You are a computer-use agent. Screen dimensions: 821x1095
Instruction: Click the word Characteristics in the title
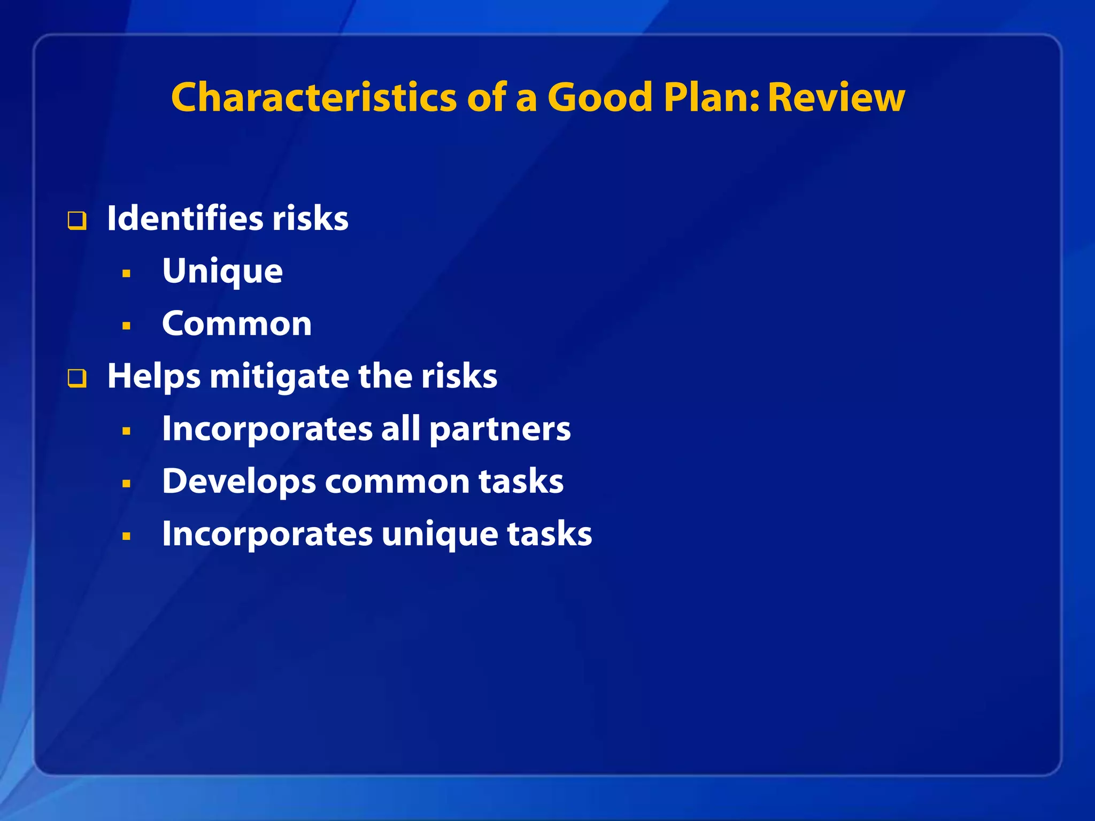pyautogui.click(x=314, y=98)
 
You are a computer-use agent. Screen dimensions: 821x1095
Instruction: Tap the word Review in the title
pyautogui.click(x=836, y=98)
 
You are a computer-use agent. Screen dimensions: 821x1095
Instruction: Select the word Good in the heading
pyautogui.click(x=600, y=98)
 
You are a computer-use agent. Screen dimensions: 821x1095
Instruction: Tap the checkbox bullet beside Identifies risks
pyautogui.click(x=77, y=221)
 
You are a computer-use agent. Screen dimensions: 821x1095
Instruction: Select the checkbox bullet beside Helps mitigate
pyautogui.click(x=77, y=378)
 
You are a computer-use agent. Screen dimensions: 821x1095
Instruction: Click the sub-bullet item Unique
pyautogui.click(x=222, y=272)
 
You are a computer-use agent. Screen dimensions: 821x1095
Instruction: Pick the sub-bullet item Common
pyautogui.click(x=237, y=324)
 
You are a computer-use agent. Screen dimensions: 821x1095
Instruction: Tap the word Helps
pyautogui.click(x=154, y=376)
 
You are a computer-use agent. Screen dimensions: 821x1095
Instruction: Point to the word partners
pyautogui.click(x=500, y=429)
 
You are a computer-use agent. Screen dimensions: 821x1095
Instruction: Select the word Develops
pyautogui.click(x=239, y=482)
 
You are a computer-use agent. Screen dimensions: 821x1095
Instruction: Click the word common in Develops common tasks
pyautogui.click(x=397, y=482)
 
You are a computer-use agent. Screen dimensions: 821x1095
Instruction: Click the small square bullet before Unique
pyautogui.click(x=126, y=274)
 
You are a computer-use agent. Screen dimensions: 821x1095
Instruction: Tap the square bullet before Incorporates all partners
pyautogui.click(x=126, y=431)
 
